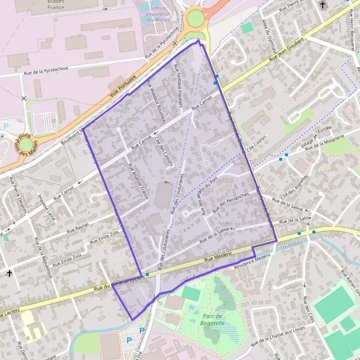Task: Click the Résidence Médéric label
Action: [x=253, y=259]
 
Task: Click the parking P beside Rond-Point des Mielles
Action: [x=6, y=127]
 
